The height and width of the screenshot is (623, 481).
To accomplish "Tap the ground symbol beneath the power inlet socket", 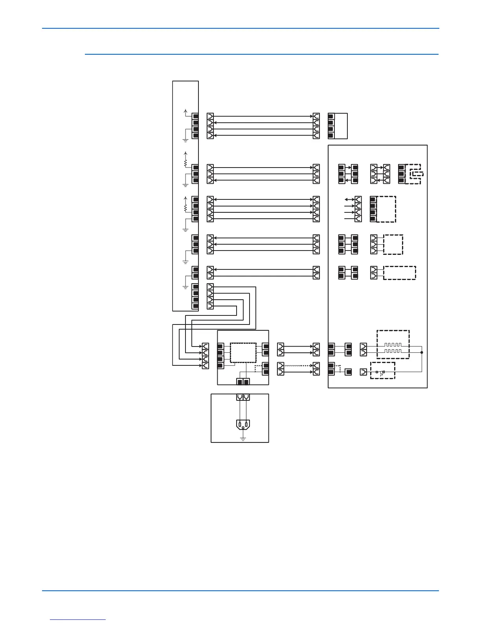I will (243, 438).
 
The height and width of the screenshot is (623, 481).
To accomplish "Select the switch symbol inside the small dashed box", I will (380, 372).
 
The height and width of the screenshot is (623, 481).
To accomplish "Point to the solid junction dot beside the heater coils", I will (422, 352).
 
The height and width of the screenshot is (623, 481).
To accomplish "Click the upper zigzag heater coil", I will (393, 345).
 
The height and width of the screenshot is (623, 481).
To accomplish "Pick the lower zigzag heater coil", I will (393, 350).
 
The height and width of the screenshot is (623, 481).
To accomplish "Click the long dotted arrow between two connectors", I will (299, 365).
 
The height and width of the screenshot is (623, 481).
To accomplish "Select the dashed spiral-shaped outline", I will (415, 173).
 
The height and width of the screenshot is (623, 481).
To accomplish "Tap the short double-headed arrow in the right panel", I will (349, 199).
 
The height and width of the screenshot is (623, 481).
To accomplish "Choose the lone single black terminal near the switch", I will (348, 372).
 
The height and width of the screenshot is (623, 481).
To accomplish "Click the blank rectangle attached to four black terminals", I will (341, 126).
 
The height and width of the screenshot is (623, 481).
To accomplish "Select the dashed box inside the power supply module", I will (243, 352).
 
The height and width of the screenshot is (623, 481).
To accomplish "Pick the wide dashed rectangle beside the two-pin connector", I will (399, 273).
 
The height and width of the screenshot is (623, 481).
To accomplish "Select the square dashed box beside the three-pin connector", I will (393, 245).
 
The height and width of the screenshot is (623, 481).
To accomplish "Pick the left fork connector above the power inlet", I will (240, 397).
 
